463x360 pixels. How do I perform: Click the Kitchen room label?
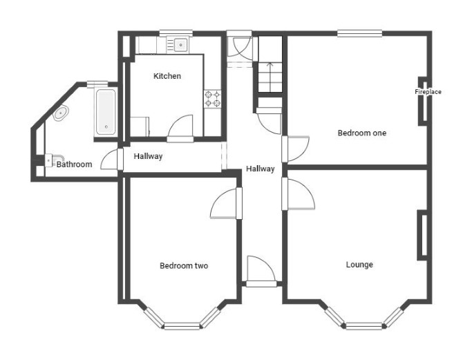click(x=167, y=76)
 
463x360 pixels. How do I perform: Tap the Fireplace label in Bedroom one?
click(x=428, y=92)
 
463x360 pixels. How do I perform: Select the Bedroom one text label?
click(x=361, y=133)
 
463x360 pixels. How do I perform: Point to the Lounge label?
click(x=359, y=265)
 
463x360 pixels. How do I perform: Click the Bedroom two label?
click(x=184, y=266)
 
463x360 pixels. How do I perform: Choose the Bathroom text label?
click(x=74, y=164)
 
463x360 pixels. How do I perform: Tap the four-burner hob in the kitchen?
click(x=213, y=99)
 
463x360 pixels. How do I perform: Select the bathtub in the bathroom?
click(x=106, y=112)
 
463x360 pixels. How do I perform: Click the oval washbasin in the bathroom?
click(x=61, y=113)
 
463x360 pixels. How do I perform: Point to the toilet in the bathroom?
click(x=55, y=160)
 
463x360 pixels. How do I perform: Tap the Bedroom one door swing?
click(x=299, y=149)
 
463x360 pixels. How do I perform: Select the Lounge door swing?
click(x=301, y=194)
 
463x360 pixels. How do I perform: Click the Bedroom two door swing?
click(x=223, y=203)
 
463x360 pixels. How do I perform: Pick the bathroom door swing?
click(x=109, y=159)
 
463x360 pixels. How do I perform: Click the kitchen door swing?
click(x=180, y=126)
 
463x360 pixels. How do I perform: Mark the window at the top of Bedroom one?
click(x=359, y=33)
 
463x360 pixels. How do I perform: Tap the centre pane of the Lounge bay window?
click(x=364, y=326)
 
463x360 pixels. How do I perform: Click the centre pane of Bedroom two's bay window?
click(x=182, y=326)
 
